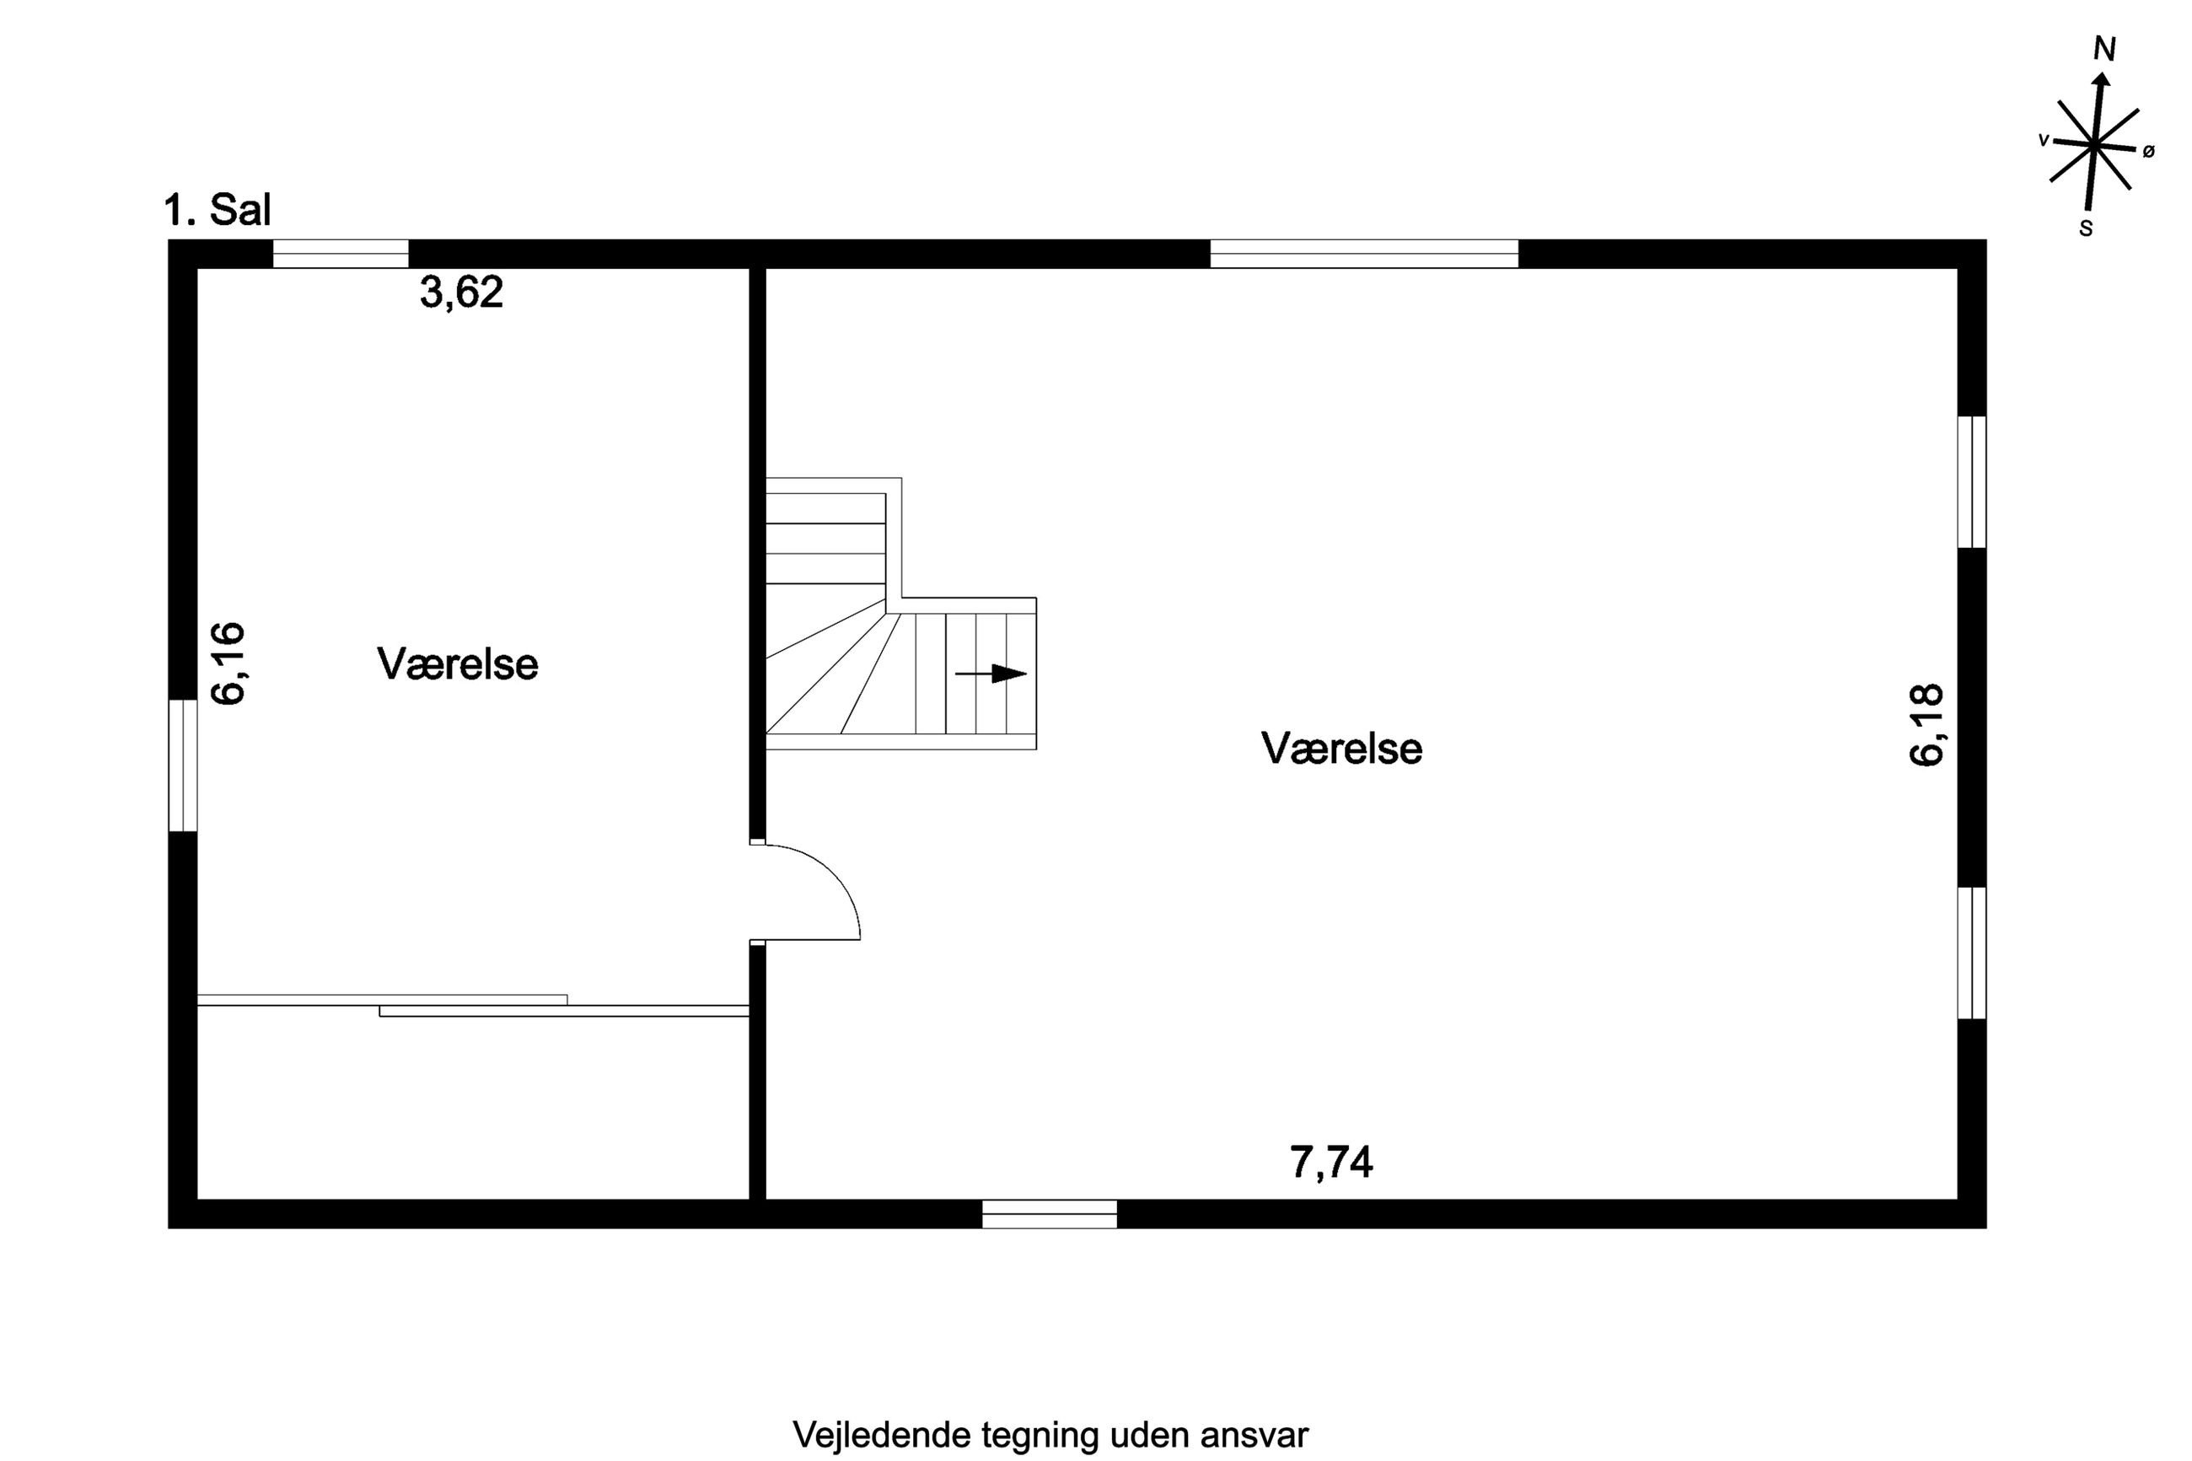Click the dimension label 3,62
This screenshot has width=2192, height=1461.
point(461,293)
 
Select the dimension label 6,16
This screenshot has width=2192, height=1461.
point(228,663)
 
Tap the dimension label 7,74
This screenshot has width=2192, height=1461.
point(1331,1163)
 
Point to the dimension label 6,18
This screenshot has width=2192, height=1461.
point(1927,725)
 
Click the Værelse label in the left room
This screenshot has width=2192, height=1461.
point(458,664)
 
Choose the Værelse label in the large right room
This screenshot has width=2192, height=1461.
point(1341,748)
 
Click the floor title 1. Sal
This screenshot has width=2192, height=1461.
point(217,211)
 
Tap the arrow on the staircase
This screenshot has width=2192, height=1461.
point(991,674)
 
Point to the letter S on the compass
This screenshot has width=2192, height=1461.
point(2086,228)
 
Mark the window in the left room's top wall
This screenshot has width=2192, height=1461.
point(340,254)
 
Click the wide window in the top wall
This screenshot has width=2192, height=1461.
point(1364,254)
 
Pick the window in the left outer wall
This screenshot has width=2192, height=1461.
point(183,765)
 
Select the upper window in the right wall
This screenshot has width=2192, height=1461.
point(1972,481)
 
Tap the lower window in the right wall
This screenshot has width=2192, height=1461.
point(1972,953)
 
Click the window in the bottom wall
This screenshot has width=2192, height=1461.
point(1049,1214)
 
